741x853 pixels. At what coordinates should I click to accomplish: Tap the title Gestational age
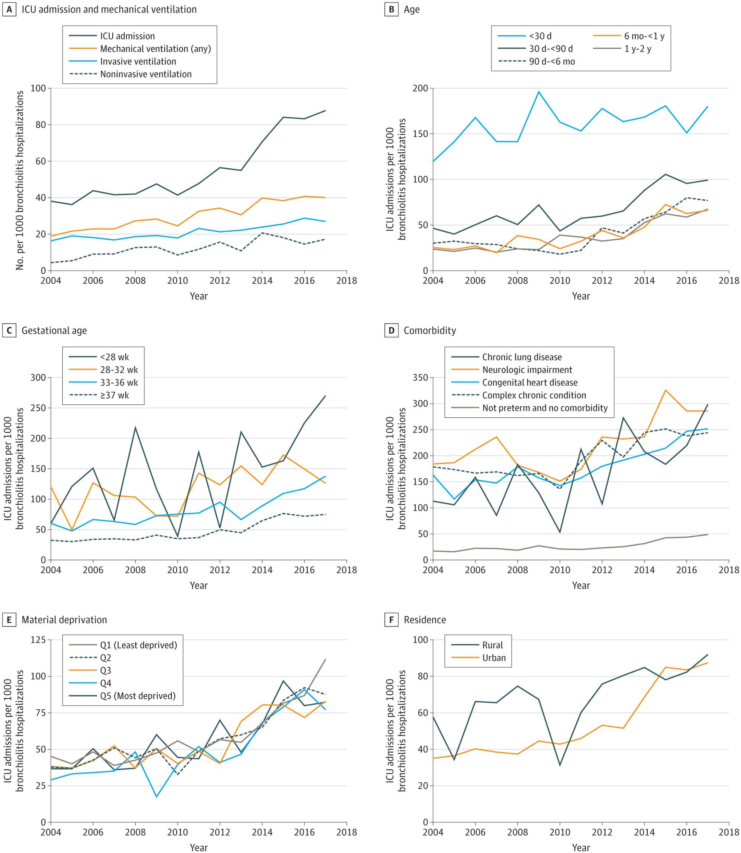[x=54, y=330]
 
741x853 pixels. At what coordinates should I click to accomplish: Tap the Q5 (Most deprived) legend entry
[x=122, y=696]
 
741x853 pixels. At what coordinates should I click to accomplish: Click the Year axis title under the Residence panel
[x=581, y=848]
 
